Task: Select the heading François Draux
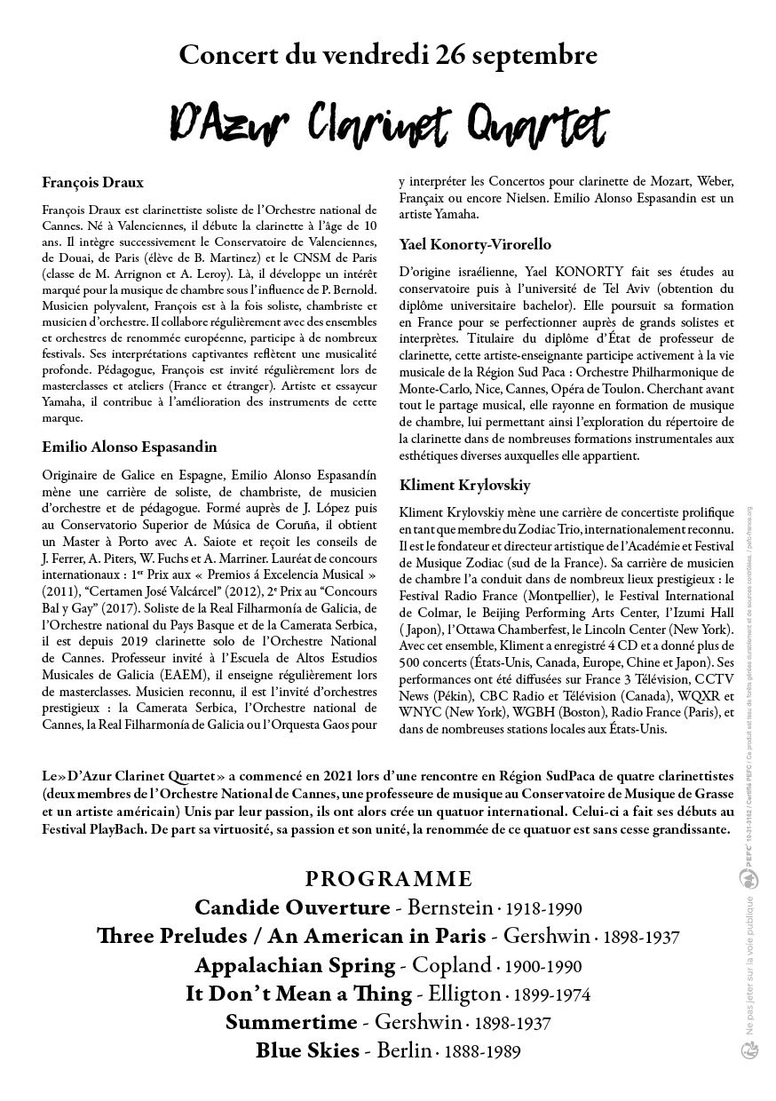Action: click(x=92, y=183)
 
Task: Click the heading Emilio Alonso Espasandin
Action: click(x=129, y=447)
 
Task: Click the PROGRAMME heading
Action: click(x=388, y=879)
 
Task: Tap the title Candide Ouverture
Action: click(x=291, y=907)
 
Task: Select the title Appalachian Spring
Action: click(x=295, y=965)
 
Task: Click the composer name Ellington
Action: click(x=461, y=994)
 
